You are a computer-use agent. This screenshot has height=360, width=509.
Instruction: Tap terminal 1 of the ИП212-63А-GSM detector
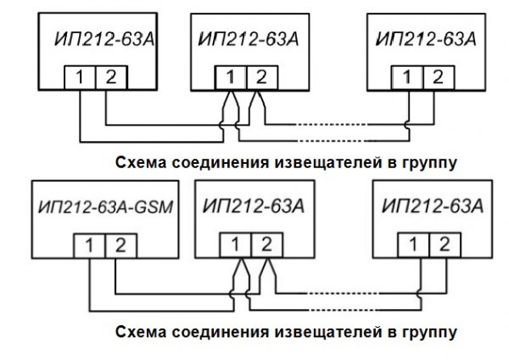click(x=82, y=246)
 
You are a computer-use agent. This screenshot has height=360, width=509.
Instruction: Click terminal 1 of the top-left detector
click(x=77, y=78)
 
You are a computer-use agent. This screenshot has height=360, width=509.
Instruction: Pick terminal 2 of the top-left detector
click(x=109, y=78)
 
